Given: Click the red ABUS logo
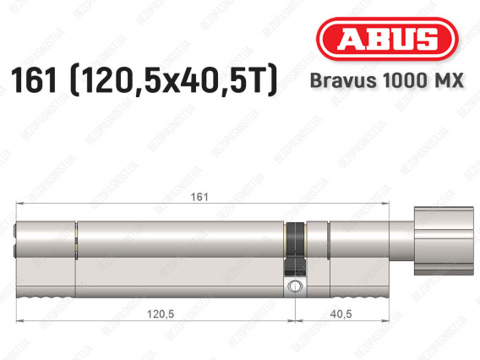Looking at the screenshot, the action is tap(387, 39).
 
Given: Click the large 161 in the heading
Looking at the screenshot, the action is tap(34, 80).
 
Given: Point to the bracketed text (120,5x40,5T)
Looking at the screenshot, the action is tap(173, 80).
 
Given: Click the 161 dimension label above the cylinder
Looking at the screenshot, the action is tap(199, 197).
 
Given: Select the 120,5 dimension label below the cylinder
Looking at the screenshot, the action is tap(161, 314).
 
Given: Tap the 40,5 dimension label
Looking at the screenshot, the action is tap(341, 314).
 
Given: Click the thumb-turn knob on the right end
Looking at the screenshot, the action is tap(444, 241).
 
